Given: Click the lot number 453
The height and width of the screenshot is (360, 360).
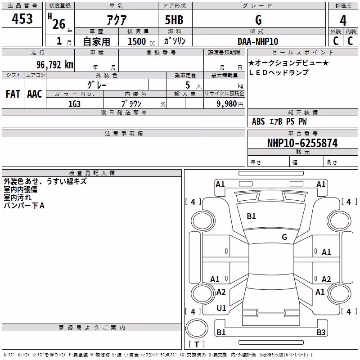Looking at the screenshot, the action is [x=22, y=18].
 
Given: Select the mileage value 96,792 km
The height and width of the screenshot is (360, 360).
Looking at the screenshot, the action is [x=55, y=65].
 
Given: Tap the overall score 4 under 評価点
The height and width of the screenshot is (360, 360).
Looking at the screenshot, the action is [x=343, y=21].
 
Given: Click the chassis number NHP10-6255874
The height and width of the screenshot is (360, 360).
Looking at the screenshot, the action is [x=302, y=143].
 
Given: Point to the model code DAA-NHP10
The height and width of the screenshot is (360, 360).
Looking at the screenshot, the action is [x=258, y=41].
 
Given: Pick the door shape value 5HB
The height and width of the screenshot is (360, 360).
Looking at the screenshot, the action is [x=174, y=20].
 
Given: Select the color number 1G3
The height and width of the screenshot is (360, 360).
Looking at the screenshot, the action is [x=74, y=104].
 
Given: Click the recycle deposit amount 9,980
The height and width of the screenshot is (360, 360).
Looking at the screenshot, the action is [x=227, y=104].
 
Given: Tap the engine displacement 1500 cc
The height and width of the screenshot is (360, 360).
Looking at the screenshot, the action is [x=141, y=41].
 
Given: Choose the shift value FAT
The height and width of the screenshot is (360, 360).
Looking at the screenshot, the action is [x=13, y=94].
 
